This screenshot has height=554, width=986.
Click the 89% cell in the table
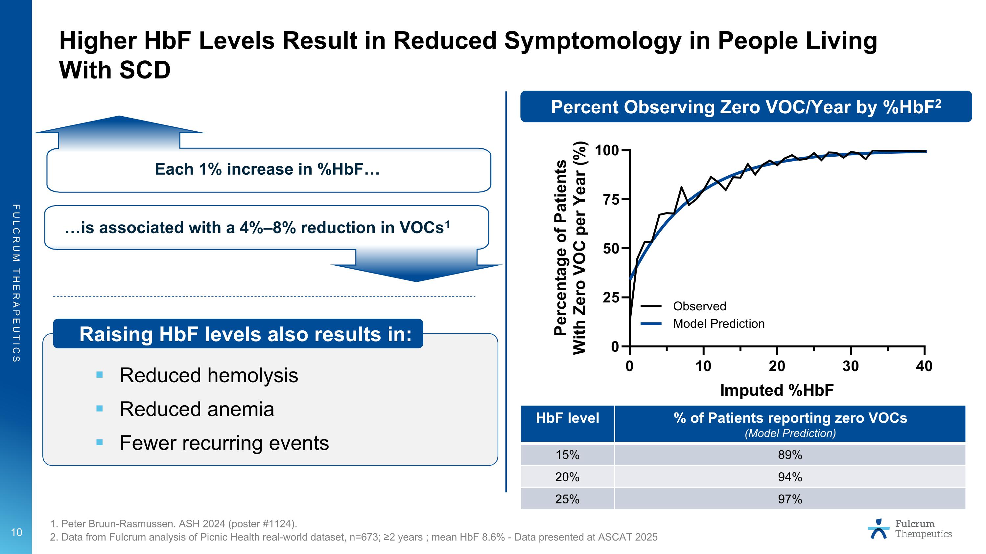click(790, 455)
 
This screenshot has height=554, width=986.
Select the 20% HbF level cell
click(567, 477)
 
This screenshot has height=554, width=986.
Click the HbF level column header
click(567, 418)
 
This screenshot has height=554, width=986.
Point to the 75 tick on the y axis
click(611, 200)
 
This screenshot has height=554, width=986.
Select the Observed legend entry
click(699, 306)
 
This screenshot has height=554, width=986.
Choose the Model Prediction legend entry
click(718, 324)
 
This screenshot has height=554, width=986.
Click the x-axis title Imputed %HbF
click(777, 390)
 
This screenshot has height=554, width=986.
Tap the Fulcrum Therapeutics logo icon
click(879, 529)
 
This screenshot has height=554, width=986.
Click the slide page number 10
click(16, 532)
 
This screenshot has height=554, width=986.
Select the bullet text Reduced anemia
click(197, 409)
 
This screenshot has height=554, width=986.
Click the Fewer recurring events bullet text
click(224, 443)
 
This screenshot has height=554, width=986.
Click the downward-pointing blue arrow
click(416, 266)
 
